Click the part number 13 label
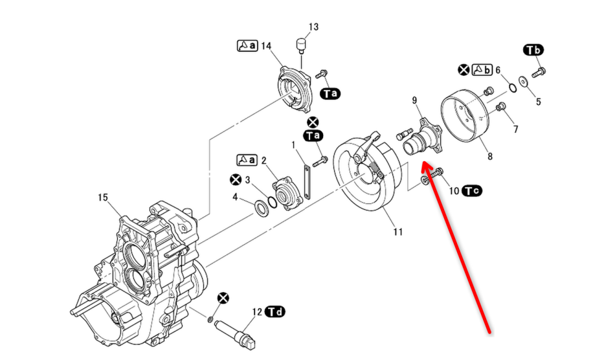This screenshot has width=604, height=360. pos(313,27)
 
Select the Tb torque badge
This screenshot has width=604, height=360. pos(533,50)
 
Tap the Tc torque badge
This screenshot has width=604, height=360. pos(471,190)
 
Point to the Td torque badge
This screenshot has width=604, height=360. pos(275,312)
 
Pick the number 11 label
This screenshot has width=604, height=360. pos(397,231)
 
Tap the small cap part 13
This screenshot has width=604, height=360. pos(300,47)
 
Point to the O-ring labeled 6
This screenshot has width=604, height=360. pos(510,87)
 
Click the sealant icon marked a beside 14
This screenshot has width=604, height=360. pos(247,45)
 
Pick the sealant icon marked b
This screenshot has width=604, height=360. pos(483,69)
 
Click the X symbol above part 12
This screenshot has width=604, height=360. pos(223,297)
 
